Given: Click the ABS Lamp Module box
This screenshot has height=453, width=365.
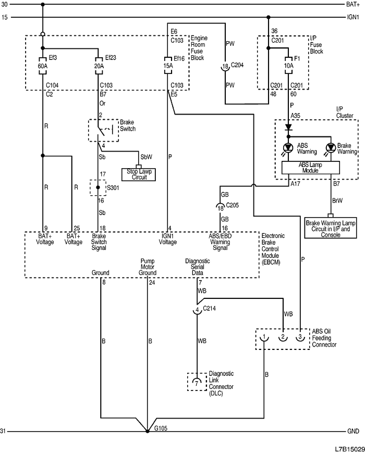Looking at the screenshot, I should point(310,167).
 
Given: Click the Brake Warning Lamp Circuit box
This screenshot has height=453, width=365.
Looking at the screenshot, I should point(330,228).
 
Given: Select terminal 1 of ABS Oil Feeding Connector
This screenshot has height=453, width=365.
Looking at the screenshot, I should point(265,338).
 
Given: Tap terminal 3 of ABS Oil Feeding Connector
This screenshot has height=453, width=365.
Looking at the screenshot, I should point(300,338).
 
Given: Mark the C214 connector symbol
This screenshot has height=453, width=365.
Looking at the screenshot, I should point(197,310).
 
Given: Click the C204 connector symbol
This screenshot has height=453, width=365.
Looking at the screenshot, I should point(224,67).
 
